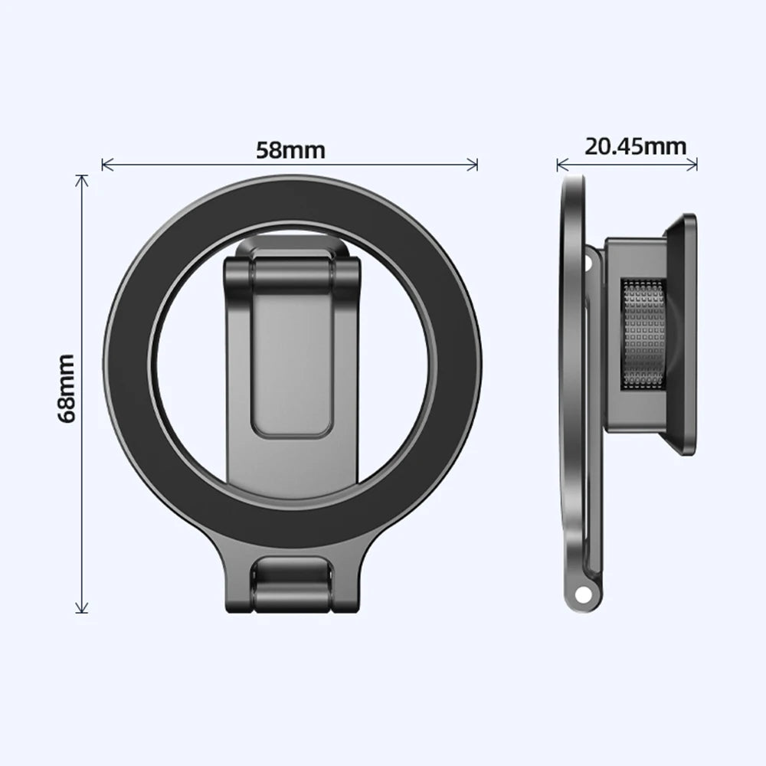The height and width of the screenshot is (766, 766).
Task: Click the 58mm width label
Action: click(290, 149)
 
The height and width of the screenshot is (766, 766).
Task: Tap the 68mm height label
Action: click(67, 388)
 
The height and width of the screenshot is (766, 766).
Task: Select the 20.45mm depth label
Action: click(636, 146)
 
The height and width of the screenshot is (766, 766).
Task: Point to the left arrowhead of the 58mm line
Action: click(105, 164)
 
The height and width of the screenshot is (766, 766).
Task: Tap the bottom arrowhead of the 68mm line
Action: click(81, 610)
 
